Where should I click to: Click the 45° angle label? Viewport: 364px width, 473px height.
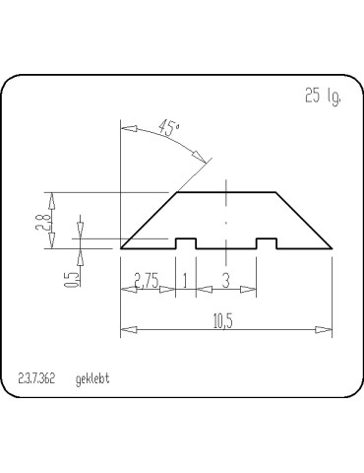point(170,127)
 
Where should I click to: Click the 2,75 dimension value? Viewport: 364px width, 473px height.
point(147,281)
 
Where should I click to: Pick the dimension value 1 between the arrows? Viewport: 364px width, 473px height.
point(185,281)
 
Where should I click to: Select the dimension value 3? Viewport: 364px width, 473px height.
point(226,281)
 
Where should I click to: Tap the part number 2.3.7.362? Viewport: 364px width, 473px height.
point(37,378)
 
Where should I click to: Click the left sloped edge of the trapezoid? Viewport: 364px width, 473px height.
point(150,219)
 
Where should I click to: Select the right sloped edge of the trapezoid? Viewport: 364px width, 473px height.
point(303,219)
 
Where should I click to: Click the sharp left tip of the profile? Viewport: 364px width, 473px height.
point(122,246)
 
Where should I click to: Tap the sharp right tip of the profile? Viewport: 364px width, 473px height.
point(332,246)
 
